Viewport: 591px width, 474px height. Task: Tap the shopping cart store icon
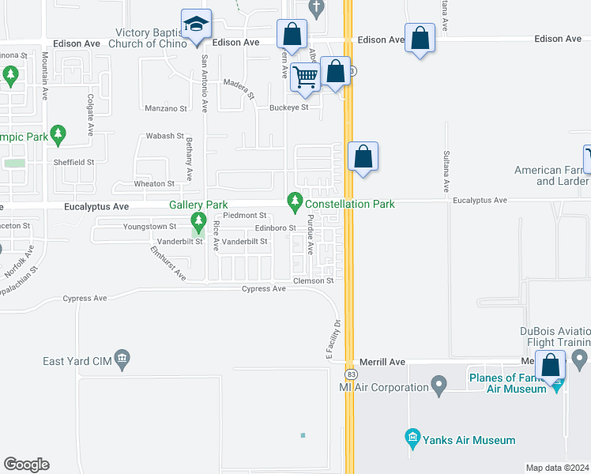pyautogui.click(x=305, y=77)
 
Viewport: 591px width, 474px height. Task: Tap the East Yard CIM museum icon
pyautogui.click(x=122, y=360)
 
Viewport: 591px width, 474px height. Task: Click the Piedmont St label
pyautogui.click(x=245, y=215)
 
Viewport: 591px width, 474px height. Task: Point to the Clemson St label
pyautogui.click(x=314, y=280)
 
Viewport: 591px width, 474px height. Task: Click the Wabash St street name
pyautogui.click(x=164, y=136)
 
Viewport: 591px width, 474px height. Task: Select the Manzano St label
pyautogui.click(x=165, y=107)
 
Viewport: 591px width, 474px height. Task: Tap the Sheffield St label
pyautogui.click(x=74, y=161)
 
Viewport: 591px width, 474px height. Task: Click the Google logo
pyautogui.click(x=26, y=465)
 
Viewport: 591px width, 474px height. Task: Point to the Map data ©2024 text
pyautogui.click(x=557, y=467)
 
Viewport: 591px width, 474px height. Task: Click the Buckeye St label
pyautogui.click(x=288, y=107)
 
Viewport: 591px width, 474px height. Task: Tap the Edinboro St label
pyautogui.click(x=275, y=228)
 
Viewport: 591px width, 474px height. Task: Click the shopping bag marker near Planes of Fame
pyautogui.click(x=551, y=366)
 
